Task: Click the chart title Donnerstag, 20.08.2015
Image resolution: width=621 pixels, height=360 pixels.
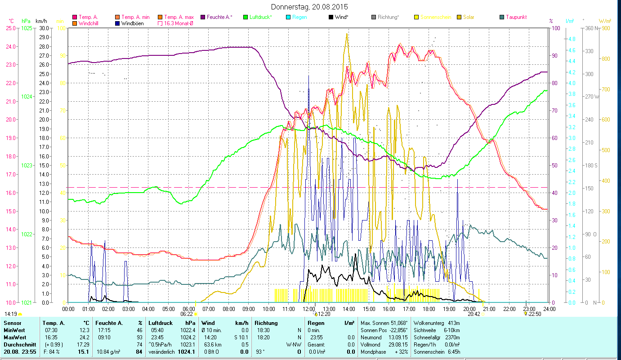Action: (310, 7)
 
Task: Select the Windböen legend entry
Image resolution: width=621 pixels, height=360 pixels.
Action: (132, 23)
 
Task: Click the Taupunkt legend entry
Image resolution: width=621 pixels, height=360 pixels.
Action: (516, 17)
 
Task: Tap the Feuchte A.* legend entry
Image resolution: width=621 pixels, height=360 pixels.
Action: (219, 17)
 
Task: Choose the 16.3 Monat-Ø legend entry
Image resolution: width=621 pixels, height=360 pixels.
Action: (178, 23)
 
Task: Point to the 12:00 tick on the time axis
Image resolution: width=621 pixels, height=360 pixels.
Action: (308, 309)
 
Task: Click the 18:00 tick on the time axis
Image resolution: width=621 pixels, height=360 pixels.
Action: (429, 309)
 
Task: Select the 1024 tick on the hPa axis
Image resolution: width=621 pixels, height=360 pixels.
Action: (27, 97)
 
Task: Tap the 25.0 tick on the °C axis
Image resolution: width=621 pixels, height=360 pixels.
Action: (10, 28)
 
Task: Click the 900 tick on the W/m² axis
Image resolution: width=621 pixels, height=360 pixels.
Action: (606, 28)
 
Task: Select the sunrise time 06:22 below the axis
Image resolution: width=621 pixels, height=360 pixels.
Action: (187, 314)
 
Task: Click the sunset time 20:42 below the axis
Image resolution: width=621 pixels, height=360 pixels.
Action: (474, 314)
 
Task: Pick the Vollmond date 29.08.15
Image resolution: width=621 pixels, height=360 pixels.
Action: (398, 344)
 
